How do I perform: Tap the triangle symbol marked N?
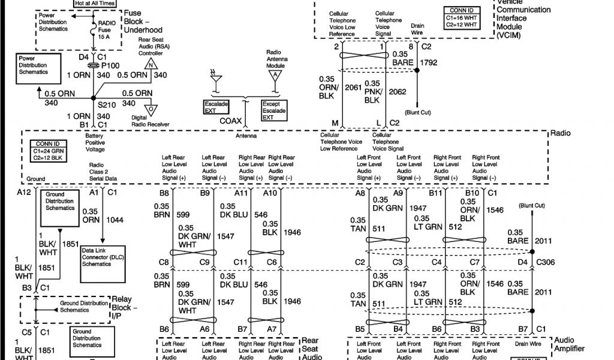click(x=152, y=64)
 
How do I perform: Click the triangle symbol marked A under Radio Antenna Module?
click(x=275, y=75)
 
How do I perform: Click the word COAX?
click(x=231, y=121)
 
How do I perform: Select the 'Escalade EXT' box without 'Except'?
click(x=216, y=107)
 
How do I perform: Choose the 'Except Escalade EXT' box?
click(x=275, y=110)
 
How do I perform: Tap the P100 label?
click(x=109, y=65)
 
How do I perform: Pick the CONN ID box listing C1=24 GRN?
click(x=51, y=151)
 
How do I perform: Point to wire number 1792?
click(x=429, y=62)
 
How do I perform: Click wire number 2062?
click(x=398, y=92)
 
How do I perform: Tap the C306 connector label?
click(x=546, y=262)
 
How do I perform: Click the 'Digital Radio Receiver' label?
click(x=150, y=121)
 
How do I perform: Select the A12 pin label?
click(x=24, y=193)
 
